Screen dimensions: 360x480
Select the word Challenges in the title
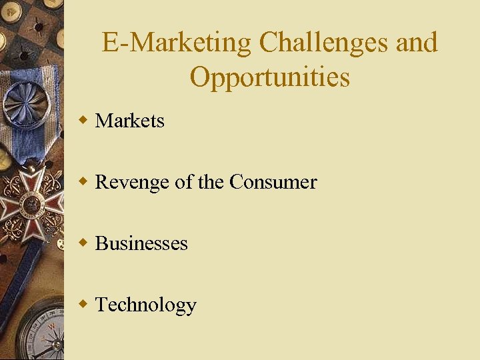pyautogui.click(x=323, y=43)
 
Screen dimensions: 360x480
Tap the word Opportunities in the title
pyautogui.click(x=269, y=77)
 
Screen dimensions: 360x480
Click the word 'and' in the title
pyautogui.click(x=417, y=43)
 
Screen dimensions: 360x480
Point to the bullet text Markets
pyautogui.click(x=130, y=121)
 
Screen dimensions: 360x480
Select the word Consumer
pyautogui.click(x=273, y=182)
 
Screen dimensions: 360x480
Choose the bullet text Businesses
pyautogui.click(x=141, y=243)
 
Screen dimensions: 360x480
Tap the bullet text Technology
pyautogui.click(x=146, y=305)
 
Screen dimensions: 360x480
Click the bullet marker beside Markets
pyautogui.click(x=83, y=121)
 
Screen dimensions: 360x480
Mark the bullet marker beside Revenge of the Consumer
pyautogui.click(x=83, y=182)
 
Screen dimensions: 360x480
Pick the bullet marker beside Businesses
pyautogui.click(x=83, y=243)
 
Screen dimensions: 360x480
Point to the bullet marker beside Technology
pyautogui.click(x=83, y=305)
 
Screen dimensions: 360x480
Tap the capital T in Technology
pyautogui.click(x=102, y=305)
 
